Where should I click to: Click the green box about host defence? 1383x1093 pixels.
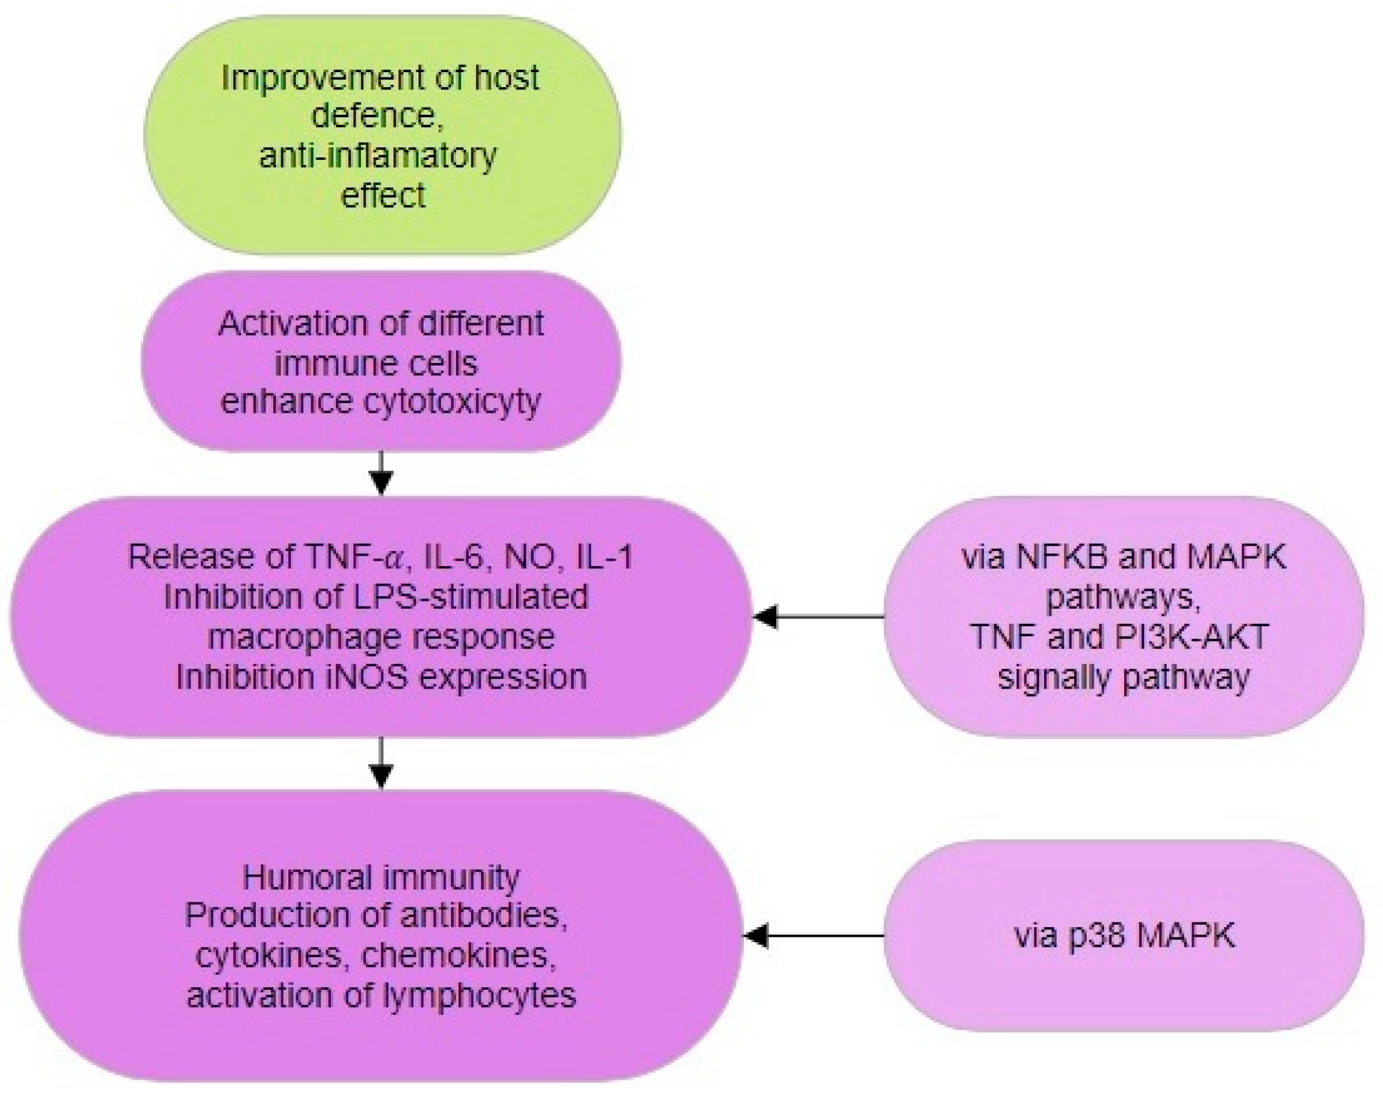382,136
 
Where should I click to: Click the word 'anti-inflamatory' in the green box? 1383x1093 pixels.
377,156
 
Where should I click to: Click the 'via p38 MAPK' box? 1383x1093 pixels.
1124,936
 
